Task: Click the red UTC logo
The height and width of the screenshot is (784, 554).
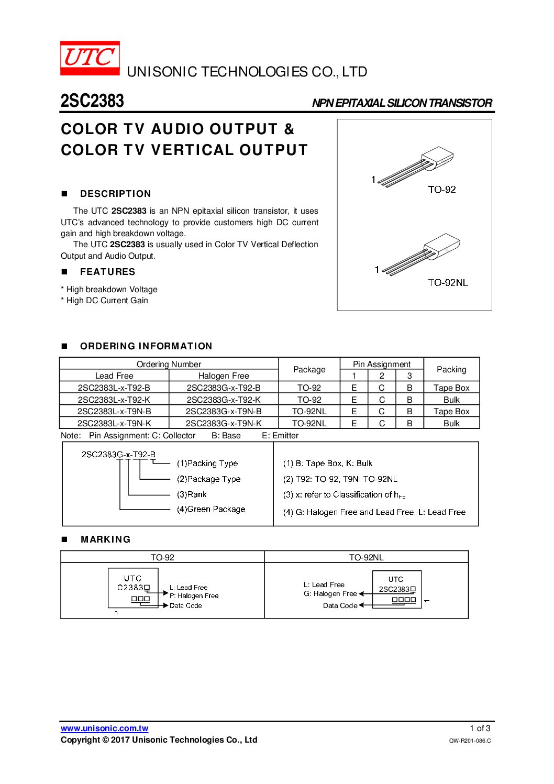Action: click(x=90, y=58)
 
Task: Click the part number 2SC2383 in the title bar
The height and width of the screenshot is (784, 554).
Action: click(x=92, y=101)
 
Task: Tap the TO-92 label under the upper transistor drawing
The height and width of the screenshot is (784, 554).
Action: click(x=441, y=190)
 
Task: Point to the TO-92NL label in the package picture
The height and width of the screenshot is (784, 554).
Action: click(x=448, y=283)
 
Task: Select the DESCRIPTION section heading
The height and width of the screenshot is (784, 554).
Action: click(x=115, y=194)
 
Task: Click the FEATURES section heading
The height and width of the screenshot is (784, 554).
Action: click(x=107, y=272)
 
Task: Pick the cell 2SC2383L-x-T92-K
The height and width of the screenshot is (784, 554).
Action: click(x=114, y=400)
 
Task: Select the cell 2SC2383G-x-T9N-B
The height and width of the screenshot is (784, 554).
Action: click(x=224, y=412)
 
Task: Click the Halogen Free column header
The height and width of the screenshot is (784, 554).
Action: click(x=224, y=376)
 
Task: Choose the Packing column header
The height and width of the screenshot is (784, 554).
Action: click(x=451, y=370)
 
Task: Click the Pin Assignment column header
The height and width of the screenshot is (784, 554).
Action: click(x=381, y=364)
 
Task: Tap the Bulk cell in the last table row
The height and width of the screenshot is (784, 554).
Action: click(x=451, y=423)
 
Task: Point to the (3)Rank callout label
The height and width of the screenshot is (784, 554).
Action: click(x=192, y=494)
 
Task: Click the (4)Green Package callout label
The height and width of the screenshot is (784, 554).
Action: click(x=211, y=509)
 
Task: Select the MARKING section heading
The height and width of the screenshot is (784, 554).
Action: click(x=105, y=539)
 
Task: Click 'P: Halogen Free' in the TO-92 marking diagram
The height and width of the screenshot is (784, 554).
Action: click(x=194, y=596)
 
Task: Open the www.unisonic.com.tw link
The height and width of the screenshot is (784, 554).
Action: click(x=104, y=728)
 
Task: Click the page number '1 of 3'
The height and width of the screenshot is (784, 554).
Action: click(x=480, y=728)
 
